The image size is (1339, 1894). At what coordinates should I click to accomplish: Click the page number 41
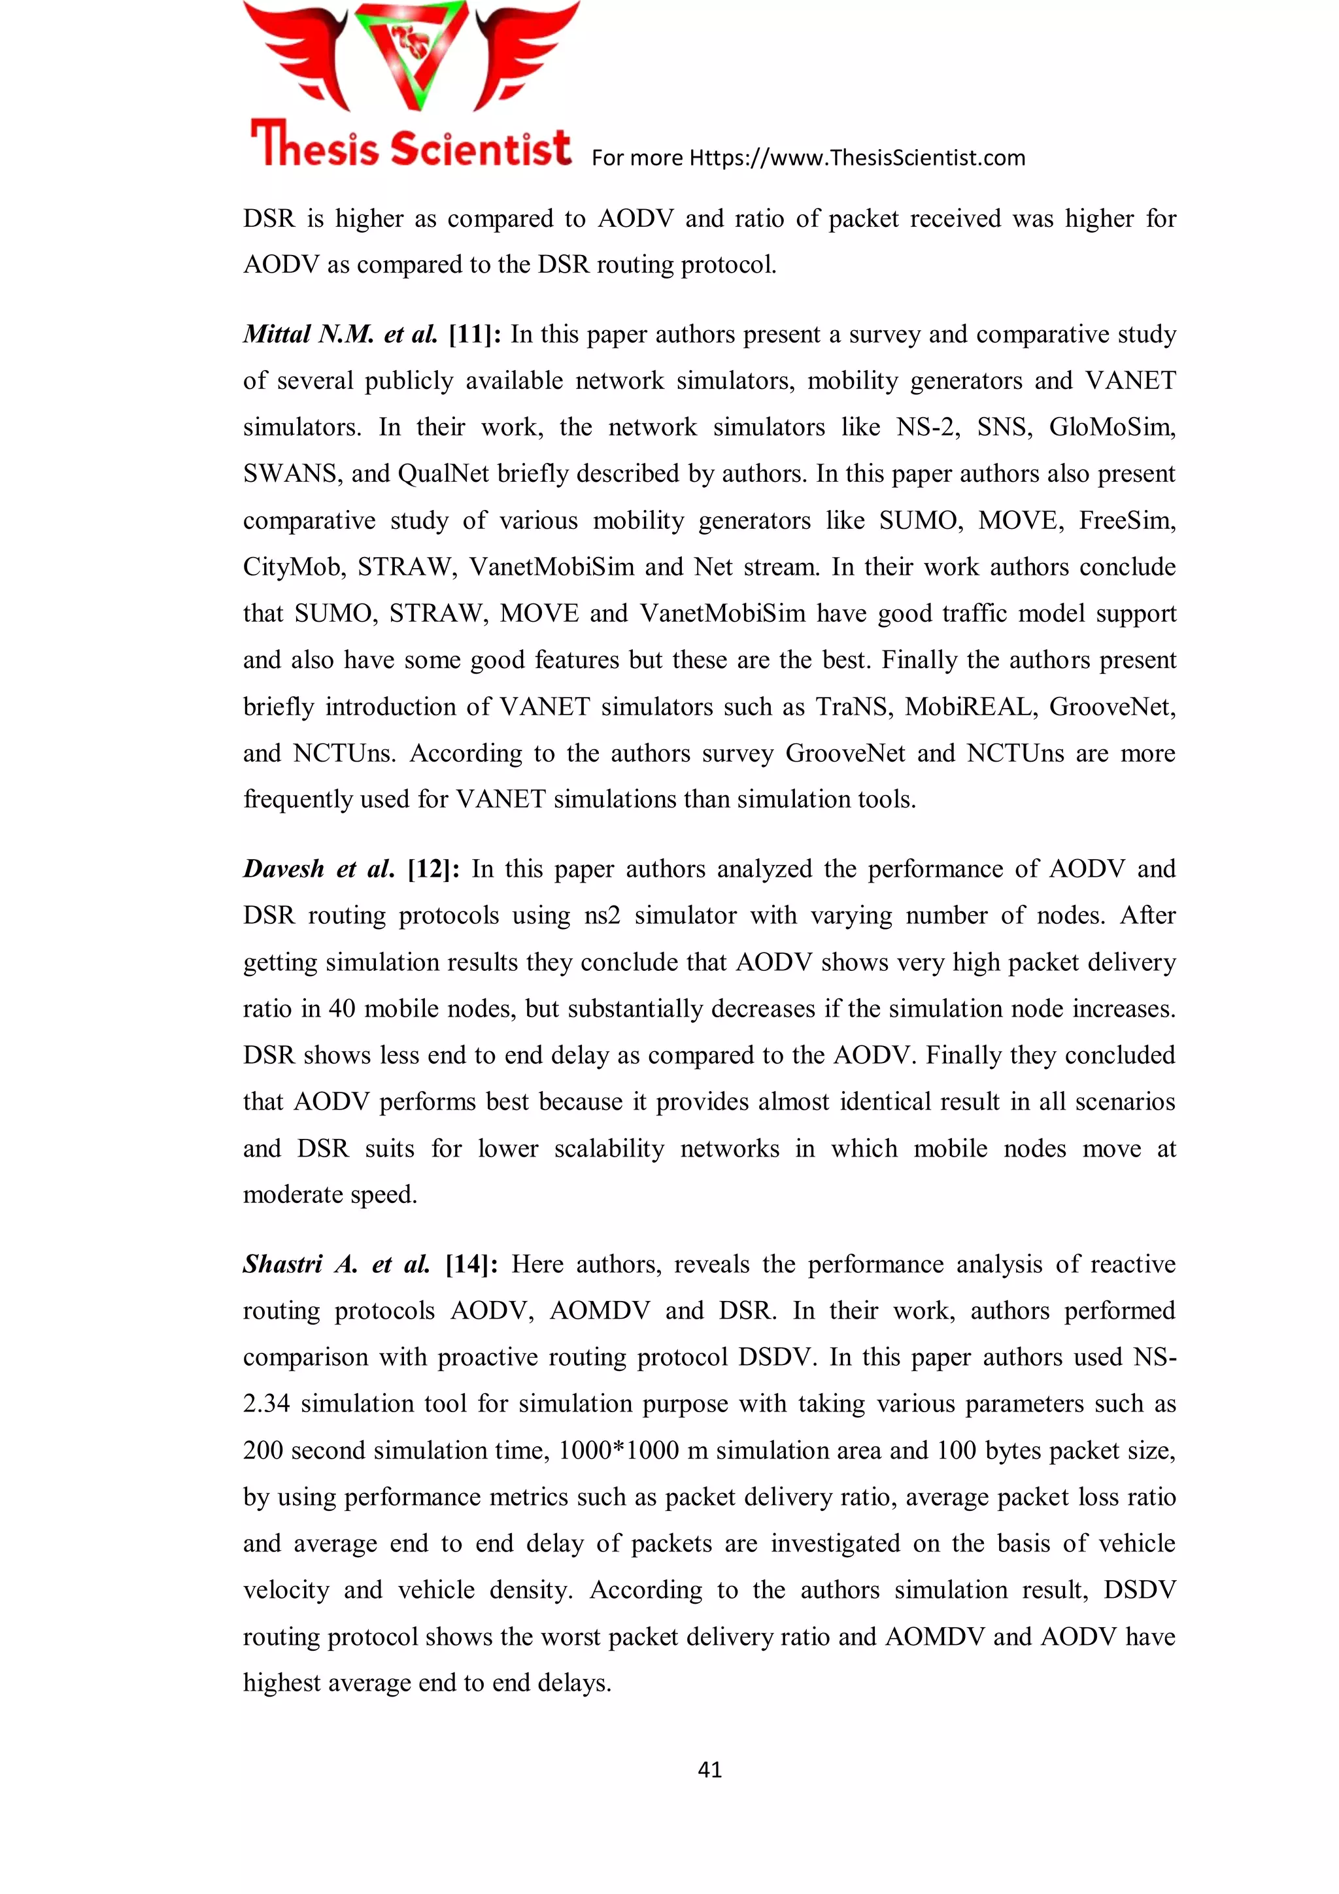(709, 1768)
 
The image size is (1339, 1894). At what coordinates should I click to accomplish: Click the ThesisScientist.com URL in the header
(856, 158)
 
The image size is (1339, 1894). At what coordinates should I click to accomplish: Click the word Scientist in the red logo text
(481, 148)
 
